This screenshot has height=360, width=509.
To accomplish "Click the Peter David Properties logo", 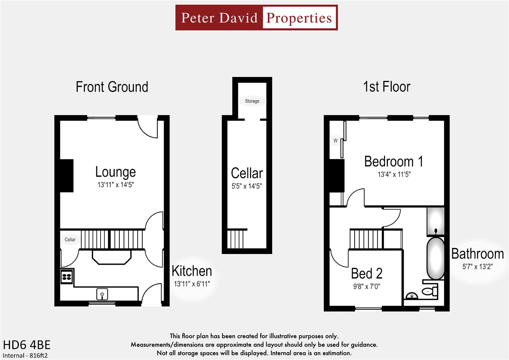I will point(256,18).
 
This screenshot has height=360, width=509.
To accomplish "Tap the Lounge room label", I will point(115,172).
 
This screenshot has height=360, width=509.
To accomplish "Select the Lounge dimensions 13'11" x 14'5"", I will point(115,185).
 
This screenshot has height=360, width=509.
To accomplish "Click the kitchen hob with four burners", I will point(67,276).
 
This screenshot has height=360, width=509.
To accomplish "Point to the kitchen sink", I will point(102,294).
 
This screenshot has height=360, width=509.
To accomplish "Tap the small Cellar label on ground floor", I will point(70,239).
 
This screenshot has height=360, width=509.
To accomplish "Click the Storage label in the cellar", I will point(252,101).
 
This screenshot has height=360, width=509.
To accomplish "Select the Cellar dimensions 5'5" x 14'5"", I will point(247,186).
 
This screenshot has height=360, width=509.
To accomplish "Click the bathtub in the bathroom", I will point(436,258).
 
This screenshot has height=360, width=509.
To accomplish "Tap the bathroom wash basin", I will point(412,295).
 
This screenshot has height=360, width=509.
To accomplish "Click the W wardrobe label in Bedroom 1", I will point(335,141).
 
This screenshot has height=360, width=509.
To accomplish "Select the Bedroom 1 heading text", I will point(394,162).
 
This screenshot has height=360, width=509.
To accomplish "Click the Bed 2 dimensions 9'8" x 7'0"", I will point(367,286).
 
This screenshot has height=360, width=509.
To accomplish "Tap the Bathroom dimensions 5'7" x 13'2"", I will point(477,267).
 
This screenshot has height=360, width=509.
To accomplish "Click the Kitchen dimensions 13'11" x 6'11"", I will point(192,284).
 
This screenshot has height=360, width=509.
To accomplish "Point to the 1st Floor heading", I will point(386,87).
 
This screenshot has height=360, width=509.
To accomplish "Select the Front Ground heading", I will point(112,87).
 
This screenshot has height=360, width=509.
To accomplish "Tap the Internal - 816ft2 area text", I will point(25,355).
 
